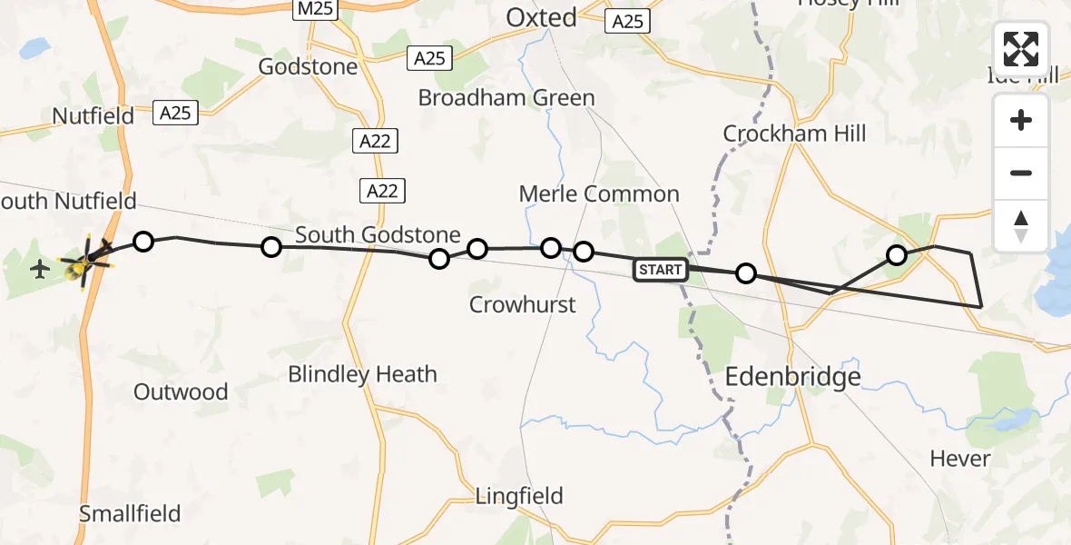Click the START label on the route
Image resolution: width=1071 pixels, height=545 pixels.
660,269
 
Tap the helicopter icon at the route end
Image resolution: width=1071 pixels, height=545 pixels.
84,262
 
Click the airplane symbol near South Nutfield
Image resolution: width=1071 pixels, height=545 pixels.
40,269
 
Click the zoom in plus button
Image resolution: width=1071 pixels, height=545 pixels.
1021,121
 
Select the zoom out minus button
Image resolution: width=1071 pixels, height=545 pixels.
1021,173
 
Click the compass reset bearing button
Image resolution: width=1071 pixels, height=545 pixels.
1021,226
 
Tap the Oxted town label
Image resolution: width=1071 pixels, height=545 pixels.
542,17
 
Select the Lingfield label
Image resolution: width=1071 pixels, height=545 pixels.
519,496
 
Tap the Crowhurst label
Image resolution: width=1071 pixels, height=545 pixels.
522,304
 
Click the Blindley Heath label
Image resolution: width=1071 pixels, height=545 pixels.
362,373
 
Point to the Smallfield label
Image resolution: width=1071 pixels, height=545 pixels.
130,513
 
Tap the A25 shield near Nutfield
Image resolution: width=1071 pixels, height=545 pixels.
176,113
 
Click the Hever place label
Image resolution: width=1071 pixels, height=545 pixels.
960,459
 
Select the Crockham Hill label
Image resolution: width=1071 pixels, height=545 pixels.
794,134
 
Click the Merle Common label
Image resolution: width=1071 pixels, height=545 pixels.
599,193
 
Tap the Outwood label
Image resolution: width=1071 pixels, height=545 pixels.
181,391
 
